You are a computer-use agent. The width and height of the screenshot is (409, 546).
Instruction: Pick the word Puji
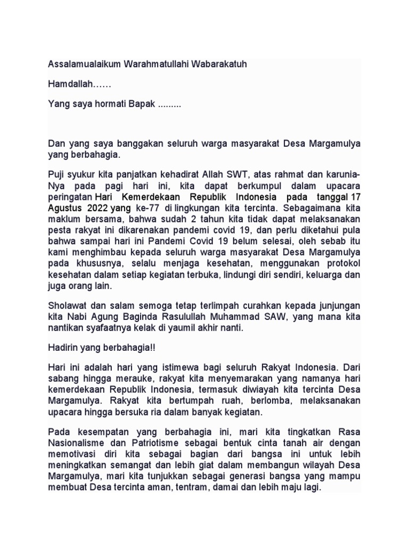tap(56, 175)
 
